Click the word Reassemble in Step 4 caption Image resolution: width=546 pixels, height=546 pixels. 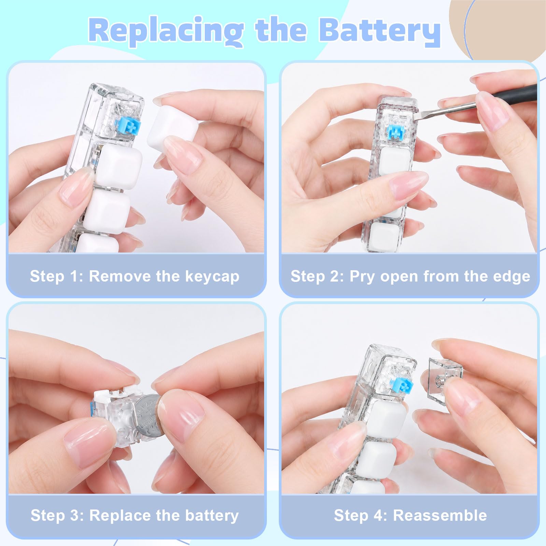click(440, 515)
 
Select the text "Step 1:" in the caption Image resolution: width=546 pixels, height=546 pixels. click(57, 276)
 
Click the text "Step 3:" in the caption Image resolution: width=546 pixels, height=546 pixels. click(57, 515)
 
